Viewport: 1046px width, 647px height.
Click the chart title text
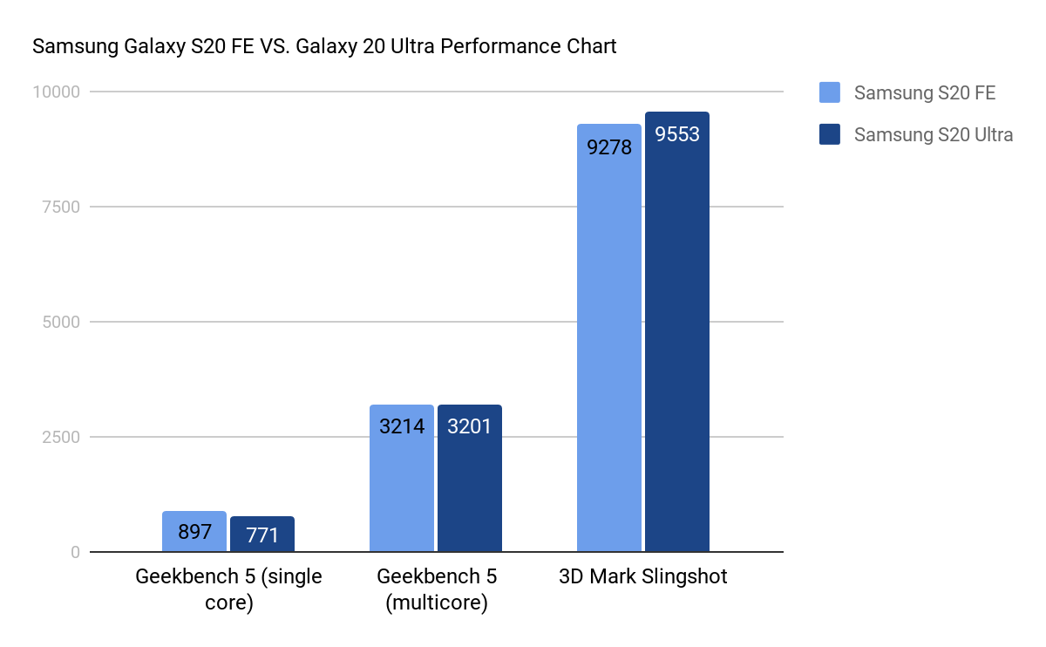[x=324, y=46]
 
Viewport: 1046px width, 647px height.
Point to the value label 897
[x=194, y=532]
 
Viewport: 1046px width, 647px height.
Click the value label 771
[x=262, y=535]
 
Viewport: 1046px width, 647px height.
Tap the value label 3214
[x=402, y=427]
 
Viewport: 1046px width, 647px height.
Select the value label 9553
[x=677, y=135]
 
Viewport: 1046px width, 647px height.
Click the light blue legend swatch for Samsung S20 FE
[x=830, y=92]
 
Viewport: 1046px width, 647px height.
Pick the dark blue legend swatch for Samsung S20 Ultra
[x=830, y=134]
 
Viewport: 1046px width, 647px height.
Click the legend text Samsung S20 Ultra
[x=934, y=135]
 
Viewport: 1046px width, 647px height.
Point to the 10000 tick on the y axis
[x=56, y=92]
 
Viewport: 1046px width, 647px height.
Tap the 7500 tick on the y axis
[x=61, y=207]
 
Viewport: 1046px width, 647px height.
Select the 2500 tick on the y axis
[x=61, y=437]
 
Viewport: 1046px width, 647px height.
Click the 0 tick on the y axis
[x=75, y=552]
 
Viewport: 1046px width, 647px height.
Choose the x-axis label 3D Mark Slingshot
[x=643, y=577]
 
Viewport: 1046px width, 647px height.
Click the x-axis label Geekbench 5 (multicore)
[x=436, y=589]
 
